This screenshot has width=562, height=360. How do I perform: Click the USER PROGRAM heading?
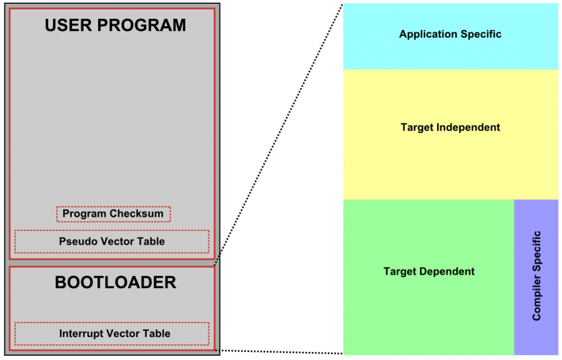115,26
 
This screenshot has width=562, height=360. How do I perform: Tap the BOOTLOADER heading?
116,283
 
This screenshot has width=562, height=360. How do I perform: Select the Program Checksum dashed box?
113,214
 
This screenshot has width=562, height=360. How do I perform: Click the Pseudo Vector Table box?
112,241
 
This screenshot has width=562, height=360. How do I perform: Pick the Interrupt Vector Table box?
112,333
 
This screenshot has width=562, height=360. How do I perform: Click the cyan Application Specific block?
450,36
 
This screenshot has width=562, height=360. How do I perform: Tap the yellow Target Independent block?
450,134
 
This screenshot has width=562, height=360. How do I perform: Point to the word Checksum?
139,214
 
